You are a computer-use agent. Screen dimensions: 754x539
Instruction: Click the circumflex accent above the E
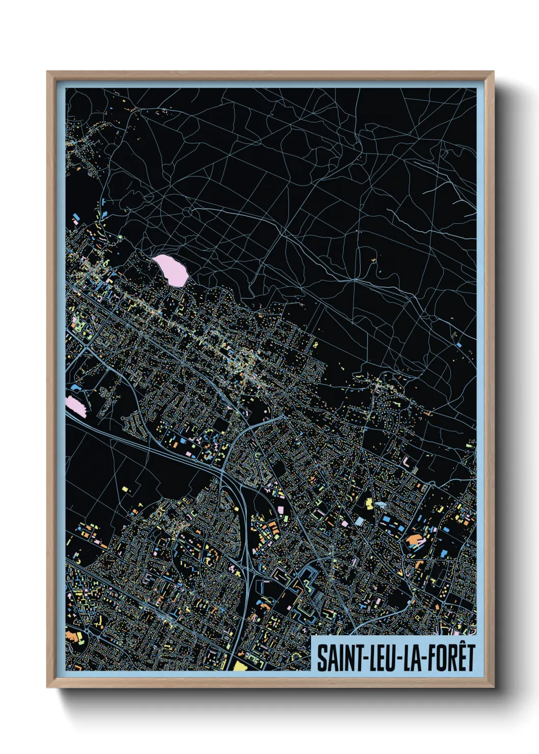coord(461,645)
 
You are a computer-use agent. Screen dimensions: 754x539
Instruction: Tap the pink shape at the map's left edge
coord(76,406)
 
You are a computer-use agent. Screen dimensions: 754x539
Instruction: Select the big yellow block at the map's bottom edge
coord(240,666)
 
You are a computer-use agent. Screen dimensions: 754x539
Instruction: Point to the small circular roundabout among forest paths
coord(187,211)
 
